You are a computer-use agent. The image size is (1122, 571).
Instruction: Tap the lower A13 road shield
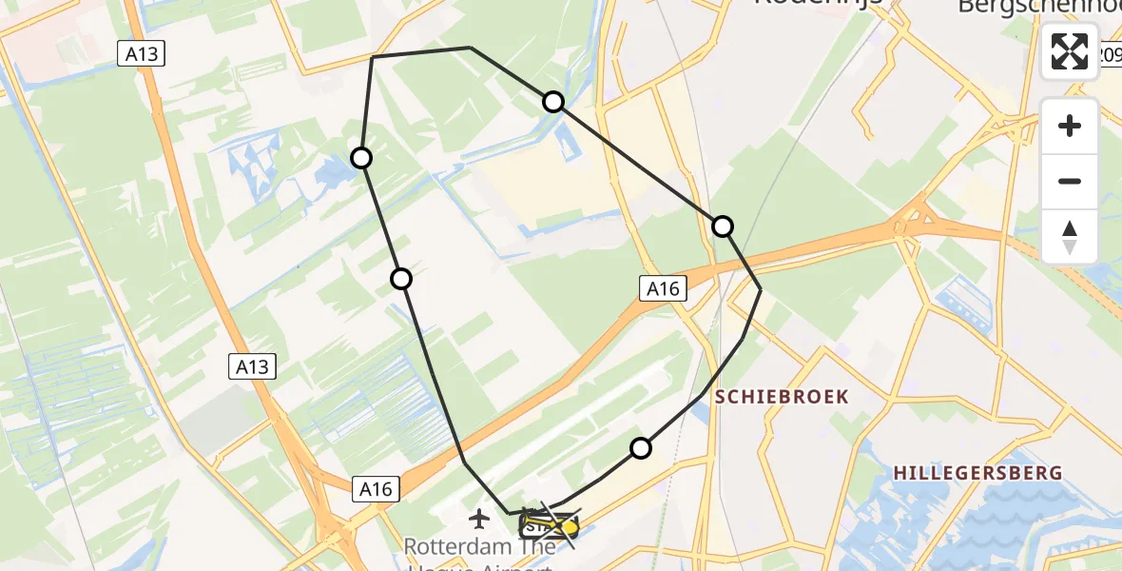tap(253, 365)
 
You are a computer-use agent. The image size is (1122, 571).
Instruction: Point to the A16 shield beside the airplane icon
tap(376, 489)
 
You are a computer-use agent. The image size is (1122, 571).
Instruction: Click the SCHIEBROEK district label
tap(782, 397)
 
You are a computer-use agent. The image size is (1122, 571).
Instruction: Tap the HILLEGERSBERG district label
tap(978, 473)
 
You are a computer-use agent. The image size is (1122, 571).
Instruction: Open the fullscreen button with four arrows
tap(1070, 50)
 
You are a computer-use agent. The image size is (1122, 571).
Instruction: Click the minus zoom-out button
tap(1070, 181)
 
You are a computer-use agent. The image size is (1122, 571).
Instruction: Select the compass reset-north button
tap(1070, 237)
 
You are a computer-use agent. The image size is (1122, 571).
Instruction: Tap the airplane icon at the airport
tap(479, 519)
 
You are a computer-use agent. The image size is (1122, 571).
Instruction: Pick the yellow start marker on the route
tap(569, 525)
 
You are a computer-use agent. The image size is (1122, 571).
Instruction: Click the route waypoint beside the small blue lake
tap(361, 158)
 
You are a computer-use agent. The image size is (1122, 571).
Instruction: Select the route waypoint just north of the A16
tap(723, 226)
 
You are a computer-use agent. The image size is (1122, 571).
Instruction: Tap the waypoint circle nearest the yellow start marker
tap(642, 447)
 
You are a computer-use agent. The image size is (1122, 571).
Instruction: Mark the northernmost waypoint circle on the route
tap(553, 102)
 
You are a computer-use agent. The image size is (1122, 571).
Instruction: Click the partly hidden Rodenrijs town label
tap(818, 4)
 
